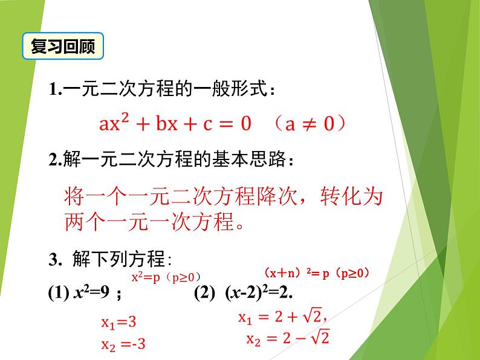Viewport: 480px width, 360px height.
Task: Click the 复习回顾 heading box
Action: pos(63,47)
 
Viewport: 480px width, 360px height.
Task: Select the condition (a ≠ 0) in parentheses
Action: pos(308,124)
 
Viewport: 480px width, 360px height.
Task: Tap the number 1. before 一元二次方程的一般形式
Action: pos(56,91)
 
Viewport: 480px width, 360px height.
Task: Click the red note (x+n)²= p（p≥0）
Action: pos(317,272)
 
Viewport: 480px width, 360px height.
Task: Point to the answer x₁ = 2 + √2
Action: pos(282,318)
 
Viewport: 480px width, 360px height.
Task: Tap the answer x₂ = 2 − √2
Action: pos(287,339)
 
